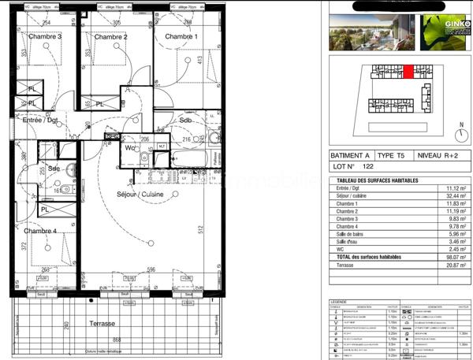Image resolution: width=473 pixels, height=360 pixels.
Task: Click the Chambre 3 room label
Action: pos(45,36)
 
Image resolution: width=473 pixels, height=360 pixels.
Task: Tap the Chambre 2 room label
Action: pos(110,36)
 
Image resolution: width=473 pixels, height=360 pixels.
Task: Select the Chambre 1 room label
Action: pos(181,36)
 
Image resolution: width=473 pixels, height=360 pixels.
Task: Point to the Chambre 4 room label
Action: pos(39,231)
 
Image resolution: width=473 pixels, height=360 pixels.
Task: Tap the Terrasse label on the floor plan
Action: pos(102,323)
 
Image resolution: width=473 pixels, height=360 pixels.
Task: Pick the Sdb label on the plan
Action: pos(186,120)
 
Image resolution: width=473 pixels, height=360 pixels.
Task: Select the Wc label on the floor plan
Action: pos(130,147)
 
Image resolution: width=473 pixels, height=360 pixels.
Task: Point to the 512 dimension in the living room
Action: pos(202,231)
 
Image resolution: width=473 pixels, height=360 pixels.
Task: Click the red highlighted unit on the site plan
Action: pos(408,72)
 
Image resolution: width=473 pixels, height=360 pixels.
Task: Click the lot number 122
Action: pos(367,168)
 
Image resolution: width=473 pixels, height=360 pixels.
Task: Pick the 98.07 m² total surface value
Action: pos(454,257)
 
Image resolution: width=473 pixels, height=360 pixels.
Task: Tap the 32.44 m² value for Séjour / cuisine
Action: pos(454,195)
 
